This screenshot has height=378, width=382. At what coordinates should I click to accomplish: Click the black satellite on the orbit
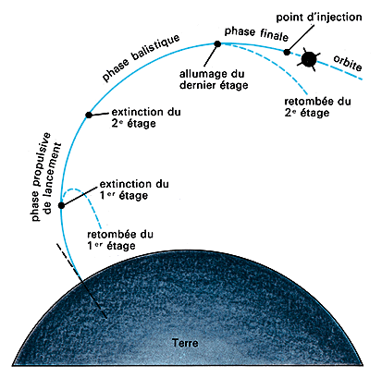tap(309, 59)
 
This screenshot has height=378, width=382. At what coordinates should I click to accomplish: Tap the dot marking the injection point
tap(287, 52)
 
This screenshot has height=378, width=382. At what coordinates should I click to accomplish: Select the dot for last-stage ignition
tap(217, 44)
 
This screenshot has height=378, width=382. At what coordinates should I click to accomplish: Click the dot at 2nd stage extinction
tap(89, 116)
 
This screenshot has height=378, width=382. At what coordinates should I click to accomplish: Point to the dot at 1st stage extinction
tap(61, 205)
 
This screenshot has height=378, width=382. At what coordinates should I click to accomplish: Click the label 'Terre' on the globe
tap(185, 343)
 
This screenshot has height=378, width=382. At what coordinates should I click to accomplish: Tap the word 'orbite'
tap(348, 63)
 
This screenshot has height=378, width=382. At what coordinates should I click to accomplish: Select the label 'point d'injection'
tap(319, 17)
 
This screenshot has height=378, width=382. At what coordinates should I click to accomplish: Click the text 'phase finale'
tap(256, 33)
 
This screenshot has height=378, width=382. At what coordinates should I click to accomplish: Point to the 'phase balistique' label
tap(142, 57)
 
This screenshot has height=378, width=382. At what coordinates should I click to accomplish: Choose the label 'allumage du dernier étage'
tap(214, 79)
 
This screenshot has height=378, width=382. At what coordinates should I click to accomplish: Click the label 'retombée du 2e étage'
tap(317, 107)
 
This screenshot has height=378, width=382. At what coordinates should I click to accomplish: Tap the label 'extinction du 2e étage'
tap(146, 117)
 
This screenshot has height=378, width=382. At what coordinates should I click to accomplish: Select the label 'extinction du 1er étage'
tap(134, 189)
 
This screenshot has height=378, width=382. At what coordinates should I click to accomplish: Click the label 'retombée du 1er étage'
tap(120, 240)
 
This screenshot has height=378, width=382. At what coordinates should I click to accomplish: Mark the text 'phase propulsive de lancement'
tap(46, 177)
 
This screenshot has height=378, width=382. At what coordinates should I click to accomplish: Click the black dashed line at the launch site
tap(81, 281)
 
